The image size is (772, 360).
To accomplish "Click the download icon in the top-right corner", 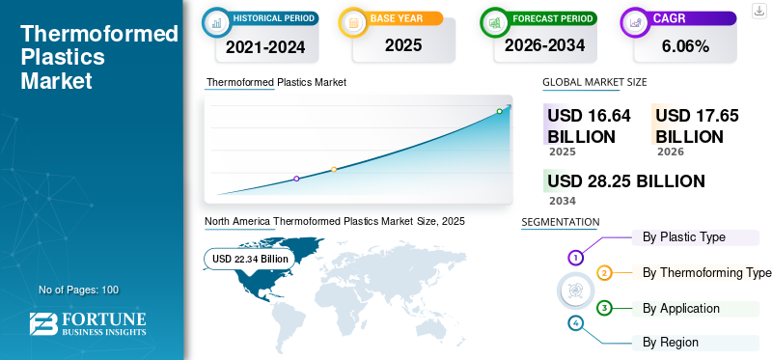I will point(759,9).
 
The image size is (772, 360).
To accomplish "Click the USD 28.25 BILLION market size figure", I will point(626,180).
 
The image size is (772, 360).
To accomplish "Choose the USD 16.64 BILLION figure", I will point(589,125).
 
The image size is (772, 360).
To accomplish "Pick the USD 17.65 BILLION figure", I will point(697,125).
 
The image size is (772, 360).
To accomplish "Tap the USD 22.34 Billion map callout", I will point(250,259).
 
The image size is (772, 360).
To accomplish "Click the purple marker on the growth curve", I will point(296,179).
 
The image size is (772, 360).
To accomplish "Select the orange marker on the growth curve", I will point(334,170).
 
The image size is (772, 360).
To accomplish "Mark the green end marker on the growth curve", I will point(499,111).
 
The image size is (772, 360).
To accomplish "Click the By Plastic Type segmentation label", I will point(683,236).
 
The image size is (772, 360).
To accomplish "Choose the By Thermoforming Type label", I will point(706,272).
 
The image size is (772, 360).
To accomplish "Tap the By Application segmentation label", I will point(680,308).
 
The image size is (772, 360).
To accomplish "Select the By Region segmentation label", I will point(671,342).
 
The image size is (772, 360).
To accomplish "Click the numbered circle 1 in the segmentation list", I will point(576,258).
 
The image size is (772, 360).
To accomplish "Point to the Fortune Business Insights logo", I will point(88,324).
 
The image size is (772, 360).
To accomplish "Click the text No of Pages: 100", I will point(78,290).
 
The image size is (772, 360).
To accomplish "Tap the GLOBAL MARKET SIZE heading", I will point(594,83).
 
